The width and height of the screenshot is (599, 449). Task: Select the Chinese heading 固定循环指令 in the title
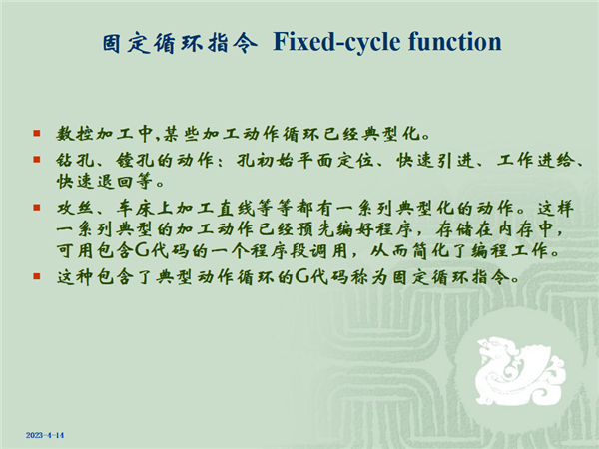[x=180, y=42]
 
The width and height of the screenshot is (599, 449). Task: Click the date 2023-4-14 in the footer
[x=45, y=435]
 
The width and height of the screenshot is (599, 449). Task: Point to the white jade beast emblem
[x=520, y=371]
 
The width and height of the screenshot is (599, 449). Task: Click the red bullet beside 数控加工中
[x=37, y=134]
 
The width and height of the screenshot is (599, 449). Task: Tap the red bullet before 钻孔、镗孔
[x=37, y=160]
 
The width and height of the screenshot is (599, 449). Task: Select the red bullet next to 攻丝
[x=37, y=208]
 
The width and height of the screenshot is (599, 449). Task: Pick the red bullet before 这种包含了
[x=37, y=276]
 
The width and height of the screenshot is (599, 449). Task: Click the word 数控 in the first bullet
[x=75, y=134]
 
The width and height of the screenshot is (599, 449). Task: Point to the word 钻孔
[x=75, y=160]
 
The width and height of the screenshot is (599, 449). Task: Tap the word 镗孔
[x=135, y=160]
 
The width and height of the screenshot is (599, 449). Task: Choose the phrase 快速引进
[x=435, y=160]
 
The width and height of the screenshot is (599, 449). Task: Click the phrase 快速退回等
[x=105, y=181]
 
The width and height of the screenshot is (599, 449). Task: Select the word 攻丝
[x=75, y=209]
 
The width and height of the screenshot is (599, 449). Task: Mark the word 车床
[x=135, y=209]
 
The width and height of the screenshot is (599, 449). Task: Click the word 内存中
[x=525, y=229]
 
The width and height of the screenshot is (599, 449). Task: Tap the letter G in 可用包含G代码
[x=142, y=250]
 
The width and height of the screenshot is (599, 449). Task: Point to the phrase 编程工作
[x=511, y=250]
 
